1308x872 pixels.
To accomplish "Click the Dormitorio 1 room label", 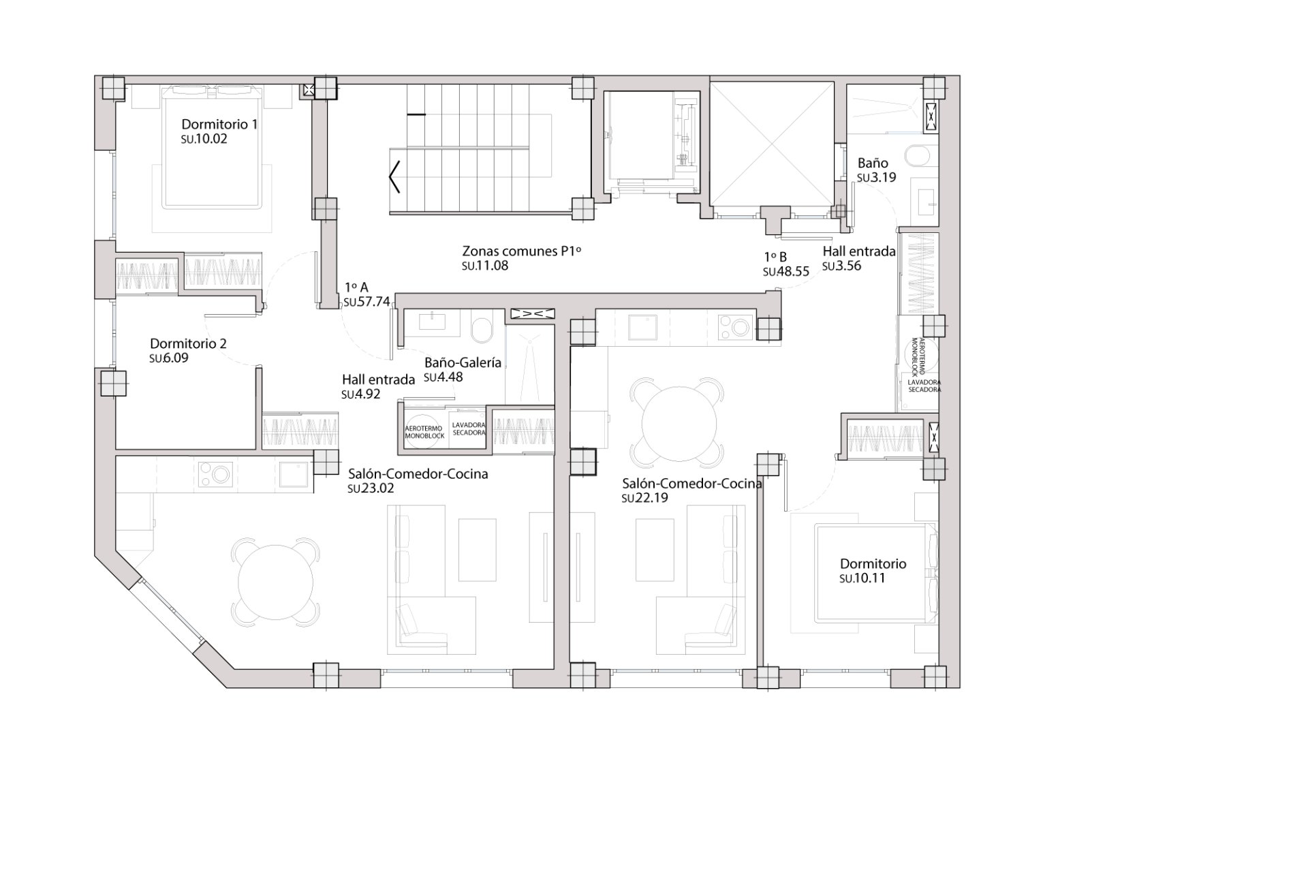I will pos(219,125).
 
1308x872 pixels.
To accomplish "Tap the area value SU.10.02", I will pos(204,139).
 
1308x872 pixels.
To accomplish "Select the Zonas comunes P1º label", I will pos(521,251).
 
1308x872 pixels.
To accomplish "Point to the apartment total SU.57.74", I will pos(367,302).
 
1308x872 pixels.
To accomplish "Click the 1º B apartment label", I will pos(775,257).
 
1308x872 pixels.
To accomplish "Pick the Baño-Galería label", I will pos(463,362).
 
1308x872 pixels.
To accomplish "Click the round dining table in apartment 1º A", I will pos(275,581).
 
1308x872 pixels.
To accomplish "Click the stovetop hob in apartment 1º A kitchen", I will pos(215,474).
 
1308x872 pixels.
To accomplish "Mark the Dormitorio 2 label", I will pos(188,343).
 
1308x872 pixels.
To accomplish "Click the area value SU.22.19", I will pos(644,498).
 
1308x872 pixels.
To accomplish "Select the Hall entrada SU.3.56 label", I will pos(858,251).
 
